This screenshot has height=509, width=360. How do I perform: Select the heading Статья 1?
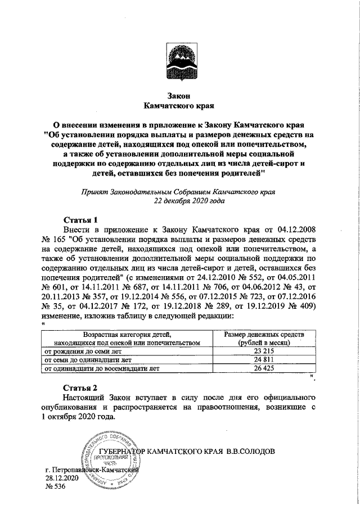(x=82, y=219)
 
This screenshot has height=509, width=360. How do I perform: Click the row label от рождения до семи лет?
(x=84, y=351)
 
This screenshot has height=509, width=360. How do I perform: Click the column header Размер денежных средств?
(x=264, y=335)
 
